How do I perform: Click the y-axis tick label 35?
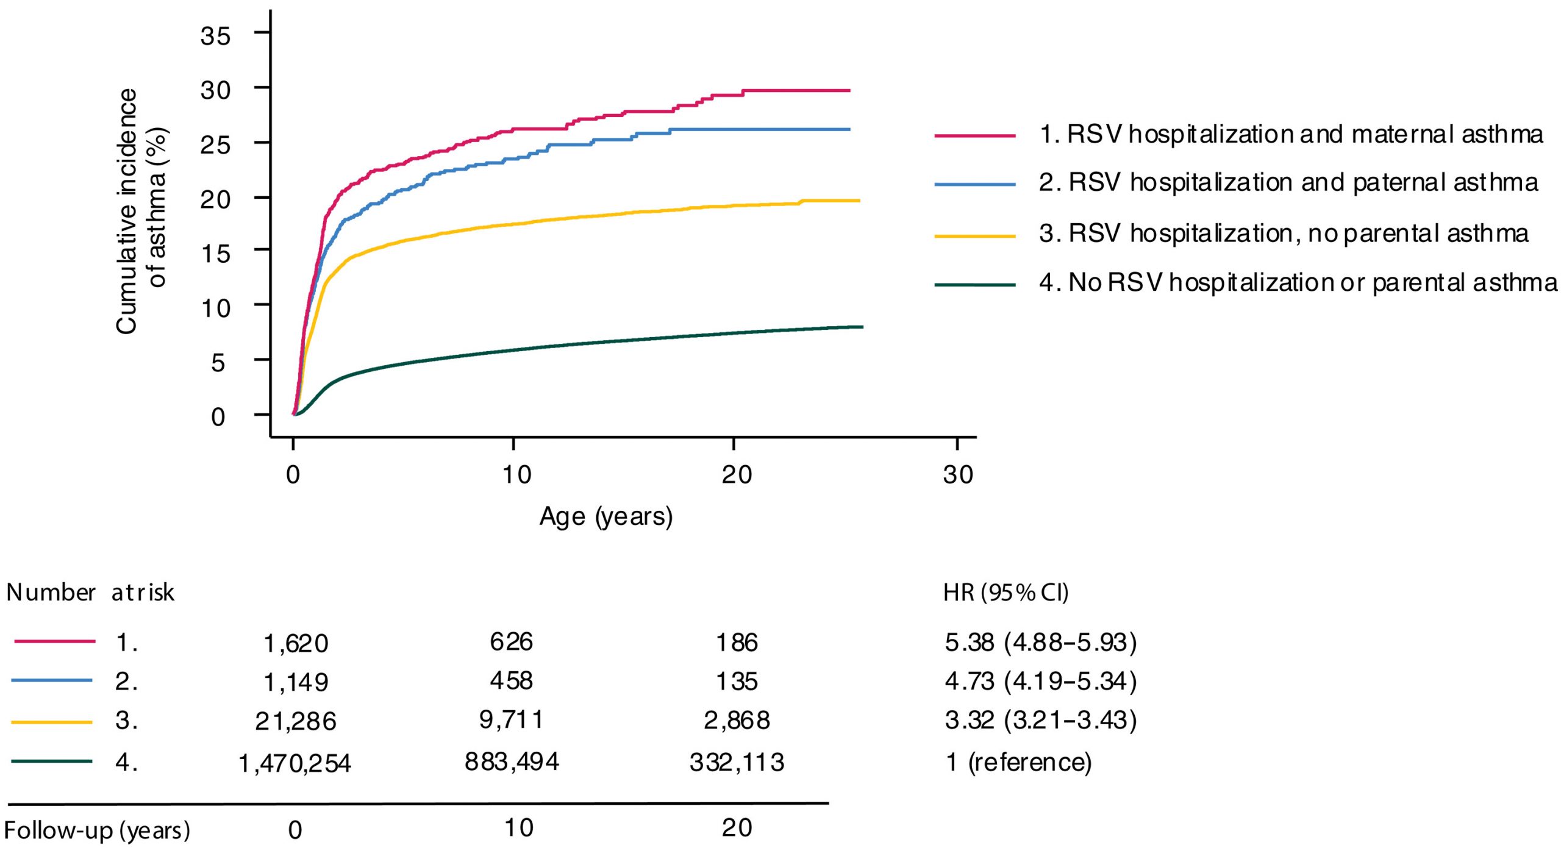215,36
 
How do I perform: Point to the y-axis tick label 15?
215,254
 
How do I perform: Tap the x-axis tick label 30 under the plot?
957,475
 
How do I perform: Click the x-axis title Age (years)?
605,517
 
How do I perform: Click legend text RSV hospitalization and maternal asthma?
1291,135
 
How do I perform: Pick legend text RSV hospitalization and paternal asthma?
1288,183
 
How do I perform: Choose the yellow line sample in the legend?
974,236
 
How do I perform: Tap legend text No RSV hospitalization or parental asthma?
1298,283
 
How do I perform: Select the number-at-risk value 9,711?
511,720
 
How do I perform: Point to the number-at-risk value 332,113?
737,763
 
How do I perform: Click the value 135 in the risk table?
737,682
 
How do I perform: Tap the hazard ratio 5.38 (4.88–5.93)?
1040,643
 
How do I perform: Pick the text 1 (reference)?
1018,763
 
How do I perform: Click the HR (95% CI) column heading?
1006,593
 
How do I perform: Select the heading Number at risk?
90,593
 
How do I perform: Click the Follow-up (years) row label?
96,830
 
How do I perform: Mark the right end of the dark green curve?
862,327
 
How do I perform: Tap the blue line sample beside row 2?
52,681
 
